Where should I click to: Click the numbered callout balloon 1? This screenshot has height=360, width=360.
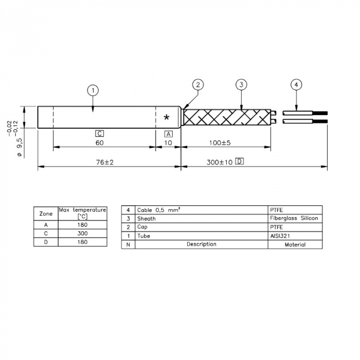(x=93, y=91)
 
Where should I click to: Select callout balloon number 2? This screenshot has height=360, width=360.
(x=199, y=84)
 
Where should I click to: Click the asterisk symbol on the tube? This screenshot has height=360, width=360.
(x=167, y=118)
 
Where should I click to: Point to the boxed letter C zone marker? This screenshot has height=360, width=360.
(x=100, y=133)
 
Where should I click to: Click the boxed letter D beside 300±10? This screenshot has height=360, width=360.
(x=239, y=161)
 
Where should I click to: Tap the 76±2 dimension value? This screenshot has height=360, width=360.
(x=104, y=162)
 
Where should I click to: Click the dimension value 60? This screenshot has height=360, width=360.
(x=100, y=142)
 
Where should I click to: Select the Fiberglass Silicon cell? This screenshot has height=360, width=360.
(x=294, y=219)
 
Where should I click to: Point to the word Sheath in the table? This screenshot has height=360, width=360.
(x=146, y=219)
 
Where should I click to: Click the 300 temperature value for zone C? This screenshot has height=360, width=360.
(x=82, y=233)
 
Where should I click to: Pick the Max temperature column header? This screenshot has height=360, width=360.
(x=82, y=213)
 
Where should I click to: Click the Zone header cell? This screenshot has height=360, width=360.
(x=46, y=213)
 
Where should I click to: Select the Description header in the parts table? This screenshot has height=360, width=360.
(x=202, y=244)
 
